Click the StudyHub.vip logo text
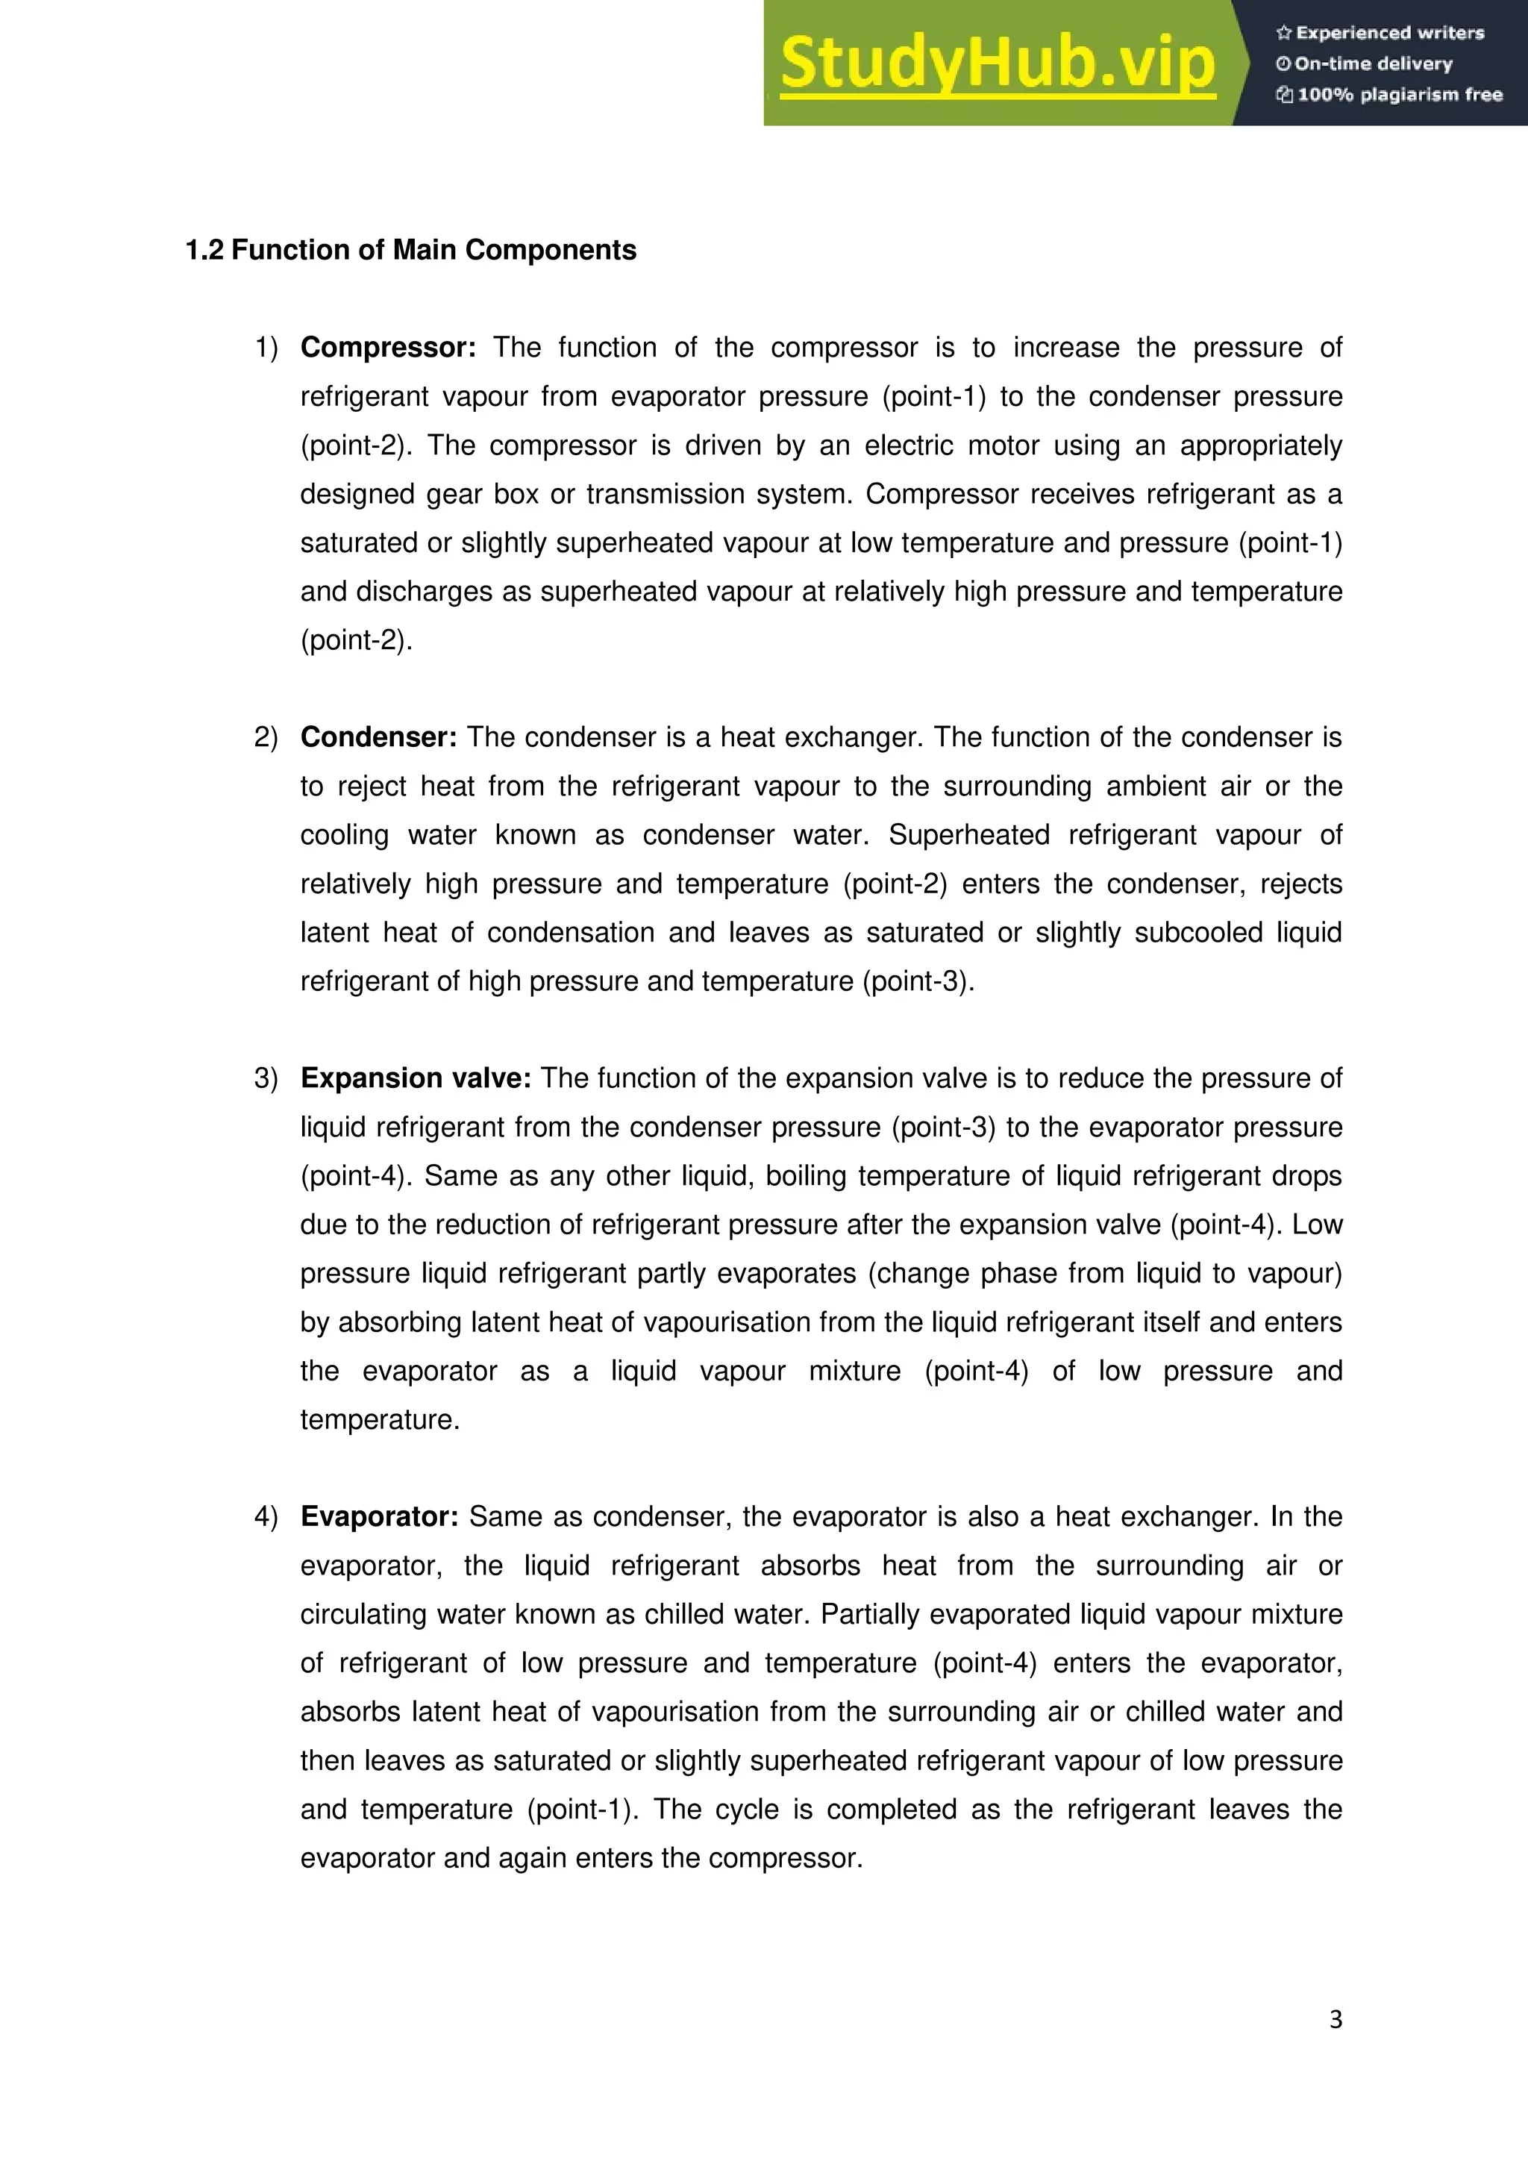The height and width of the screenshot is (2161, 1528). (998, 64)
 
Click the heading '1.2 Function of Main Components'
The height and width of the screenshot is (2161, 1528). (411, 251)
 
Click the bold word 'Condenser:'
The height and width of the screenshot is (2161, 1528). (378, 737)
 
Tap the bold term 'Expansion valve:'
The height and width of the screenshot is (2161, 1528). (416, 1078)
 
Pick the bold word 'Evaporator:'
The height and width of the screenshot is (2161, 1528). (379, 1516)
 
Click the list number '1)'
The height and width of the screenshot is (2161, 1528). (266, 347)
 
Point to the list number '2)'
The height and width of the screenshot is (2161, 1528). (266, 737)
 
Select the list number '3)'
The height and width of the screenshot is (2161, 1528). (266, 1078)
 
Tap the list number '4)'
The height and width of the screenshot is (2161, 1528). (266, 1516)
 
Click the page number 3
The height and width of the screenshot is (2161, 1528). (1335, 2019)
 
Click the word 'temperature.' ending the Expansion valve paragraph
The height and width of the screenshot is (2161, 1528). (380, 1419)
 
